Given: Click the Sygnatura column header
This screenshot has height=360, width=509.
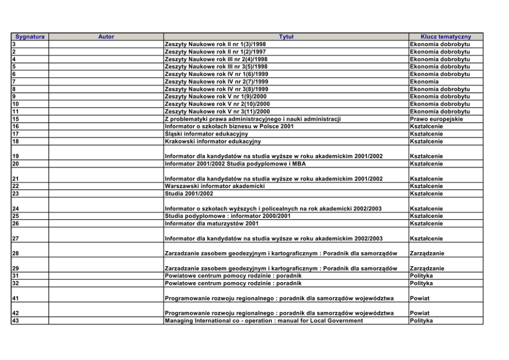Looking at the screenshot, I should [30, 37].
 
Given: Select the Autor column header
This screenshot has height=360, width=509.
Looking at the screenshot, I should [106, 37].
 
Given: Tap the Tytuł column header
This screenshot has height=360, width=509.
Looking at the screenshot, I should [286, 37].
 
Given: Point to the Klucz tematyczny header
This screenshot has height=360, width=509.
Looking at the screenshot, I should [445, 37].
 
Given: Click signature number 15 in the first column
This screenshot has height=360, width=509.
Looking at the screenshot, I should [15, 119].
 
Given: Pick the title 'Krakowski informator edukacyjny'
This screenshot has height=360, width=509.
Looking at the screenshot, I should [212, 142].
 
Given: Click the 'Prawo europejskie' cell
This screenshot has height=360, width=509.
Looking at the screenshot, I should [436, 119].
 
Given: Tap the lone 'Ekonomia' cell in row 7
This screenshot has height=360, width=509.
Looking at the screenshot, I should [424, 82].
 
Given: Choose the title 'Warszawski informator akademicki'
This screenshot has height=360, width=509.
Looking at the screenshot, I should [214, 186].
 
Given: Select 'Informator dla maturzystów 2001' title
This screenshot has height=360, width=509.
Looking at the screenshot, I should [211, 224].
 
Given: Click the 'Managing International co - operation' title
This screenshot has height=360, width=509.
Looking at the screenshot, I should [263, 321].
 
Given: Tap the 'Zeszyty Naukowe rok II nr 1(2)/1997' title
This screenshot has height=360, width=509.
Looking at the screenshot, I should [215, 52].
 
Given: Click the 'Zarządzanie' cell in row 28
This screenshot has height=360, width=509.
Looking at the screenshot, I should [427, 253].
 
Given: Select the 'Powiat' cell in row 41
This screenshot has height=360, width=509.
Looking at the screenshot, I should [420, 298].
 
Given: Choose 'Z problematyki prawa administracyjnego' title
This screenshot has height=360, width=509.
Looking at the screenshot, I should [252, 119].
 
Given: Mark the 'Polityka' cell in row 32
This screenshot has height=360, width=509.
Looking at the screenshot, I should [421, 283].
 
